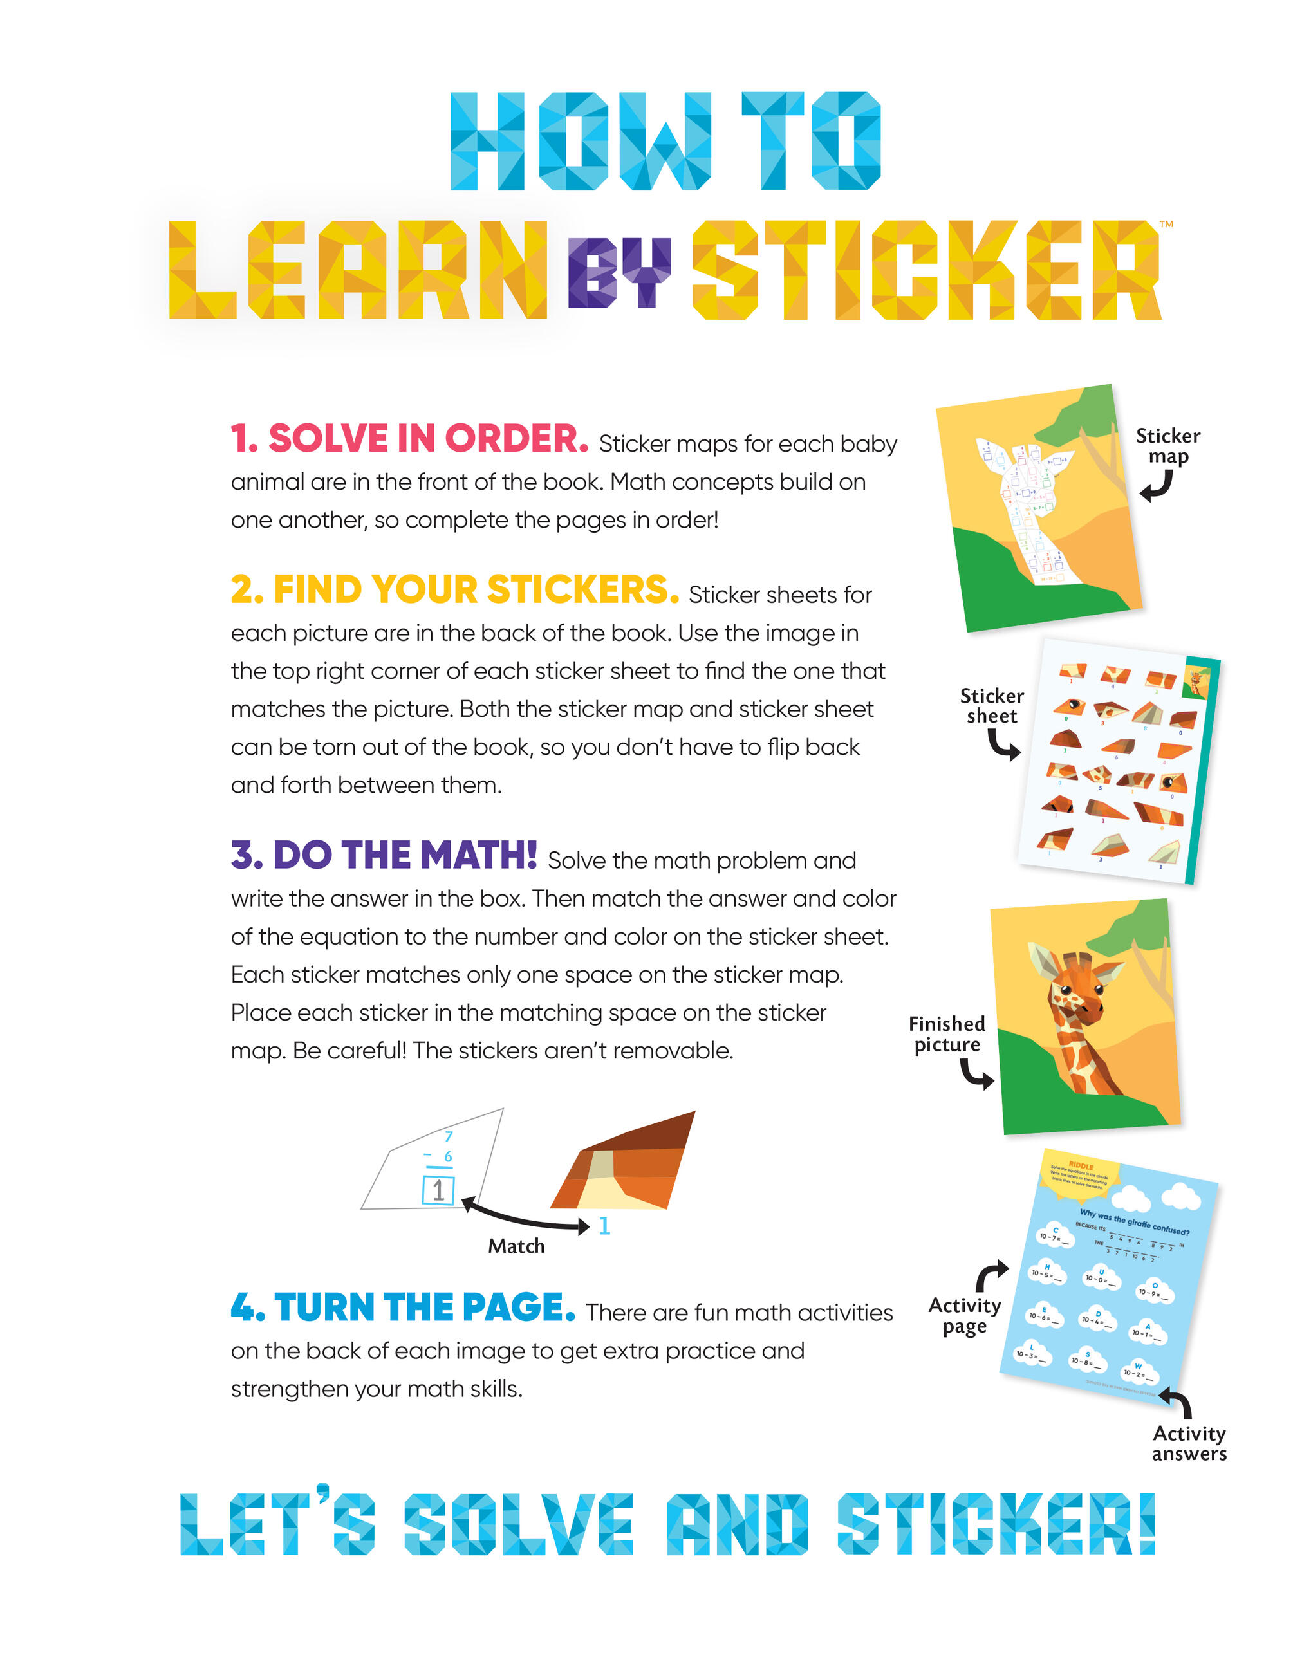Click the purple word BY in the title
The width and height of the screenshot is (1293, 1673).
click(619, 272)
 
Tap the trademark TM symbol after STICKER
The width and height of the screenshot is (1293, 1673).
click(1166, 225)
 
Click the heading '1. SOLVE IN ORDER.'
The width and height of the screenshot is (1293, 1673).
click(409, 439)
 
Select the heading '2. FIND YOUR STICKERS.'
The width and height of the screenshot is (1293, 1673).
click(454, 590)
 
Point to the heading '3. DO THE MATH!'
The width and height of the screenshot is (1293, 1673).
click(384, 855)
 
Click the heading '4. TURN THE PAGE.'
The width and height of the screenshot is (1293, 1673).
click(403, 1307)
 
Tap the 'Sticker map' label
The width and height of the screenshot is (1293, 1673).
click(1167, 446)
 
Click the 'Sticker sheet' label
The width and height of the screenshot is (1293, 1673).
click(991, 705)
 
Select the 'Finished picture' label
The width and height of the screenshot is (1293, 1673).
click(947, 1034)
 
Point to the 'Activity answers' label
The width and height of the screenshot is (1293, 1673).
click(1189, 1443)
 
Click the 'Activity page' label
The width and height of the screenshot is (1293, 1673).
click(964, 1315)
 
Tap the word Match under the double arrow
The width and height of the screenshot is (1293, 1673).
click(516, 1246)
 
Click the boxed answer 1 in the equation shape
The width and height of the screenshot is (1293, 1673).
click(438, 1190)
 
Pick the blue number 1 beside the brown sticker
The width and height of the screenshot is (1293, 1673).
click(604, 1226)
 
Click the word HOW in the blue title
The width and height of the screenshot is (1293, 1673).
click(580, 142)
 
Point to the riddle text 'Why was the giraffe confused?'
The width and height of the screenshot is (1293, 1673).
click(1133, 1223)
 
